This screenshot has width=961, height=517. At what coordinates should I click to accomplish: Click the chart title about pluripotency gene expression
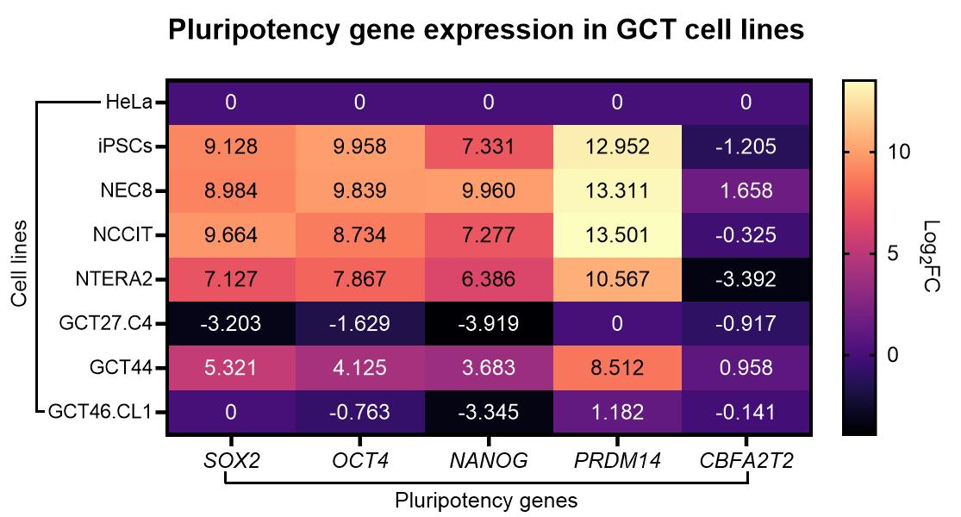coord(486,30)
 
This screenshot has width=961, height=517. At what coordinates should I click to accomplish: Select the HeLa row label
coord(128,103)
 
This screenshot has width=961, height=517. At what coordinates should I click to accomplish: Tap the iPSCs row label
coord(124,146)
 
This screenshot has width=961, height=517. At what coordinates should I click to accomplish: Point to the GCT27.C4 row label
coord(105,323)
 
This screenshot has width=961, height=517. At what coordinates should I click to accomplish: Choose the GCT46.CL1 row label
coord(100,411)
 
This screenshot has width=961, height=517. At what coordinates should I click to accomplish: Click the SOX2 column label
coord(231,461)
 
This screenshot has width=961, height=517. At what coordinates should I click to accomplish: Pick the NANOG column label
coord(489,461)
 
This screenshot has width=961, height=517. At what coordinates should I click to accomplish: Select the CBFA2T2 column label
coord(746,461)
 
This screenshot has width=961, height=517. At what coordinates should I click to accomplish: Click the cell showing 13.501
coord(617,235)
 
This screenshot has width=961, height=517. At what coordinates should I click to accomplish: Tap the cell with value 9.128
coord(231,147)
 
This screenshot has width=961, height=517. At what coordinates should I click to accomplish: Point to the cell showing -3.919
coord(489,324)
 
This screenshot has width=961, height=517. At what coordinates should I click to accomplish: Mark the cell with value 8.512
coord(617,368)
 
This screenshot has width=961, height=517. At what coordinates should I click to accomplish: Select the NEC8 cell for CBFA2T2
coord(746,191)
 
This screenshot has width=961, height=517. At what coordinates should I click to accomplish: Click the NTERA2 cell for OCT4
coord(359,279)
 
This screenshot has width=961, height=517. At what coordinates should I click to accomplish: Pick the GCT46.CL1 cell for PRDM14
coord(617,412)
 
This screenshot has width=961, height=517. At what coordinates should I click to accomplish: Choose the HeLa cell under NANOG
coord(489,103)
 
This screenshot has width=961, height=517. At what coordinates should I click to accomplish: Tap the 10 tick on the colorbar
coord(896,152)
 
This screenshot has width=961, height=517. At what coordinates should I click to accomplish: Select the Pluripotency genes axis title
coord(486,500)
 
